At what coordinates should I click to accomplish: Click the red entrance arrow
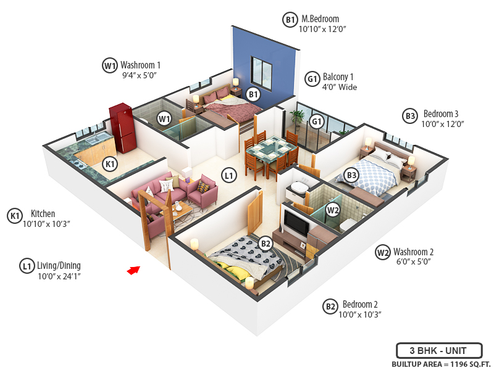tap(133, 269)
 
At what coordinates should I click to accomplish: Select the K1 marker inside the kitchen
tap(110, 164)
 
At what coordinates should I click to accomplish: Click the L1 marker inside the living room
tap(229, 176)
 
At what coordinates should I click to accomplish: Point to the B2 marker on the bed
tap(266, 244)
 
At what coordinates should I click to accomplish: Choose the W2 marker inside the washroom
tap(333, 210)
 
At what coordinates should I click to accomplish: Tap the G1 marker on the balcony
tap(317, 121)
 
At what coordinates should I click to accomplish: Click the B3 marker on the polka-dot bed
tap(352, 176)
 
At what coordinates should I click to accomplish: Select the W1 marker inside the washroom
tap(164, 118)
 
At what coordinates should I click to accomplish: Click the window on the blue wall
tap(262, 72)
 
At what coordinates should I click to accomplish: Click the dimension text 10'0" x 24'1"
tap(59, 276)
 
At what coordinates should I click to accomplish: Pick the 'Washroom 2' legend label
tap(414, 252)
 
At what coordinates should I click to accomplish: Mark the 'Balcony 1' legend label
tap(339, 77)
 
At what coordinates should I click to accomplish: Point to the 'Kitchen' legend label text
tap(43, 214)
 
